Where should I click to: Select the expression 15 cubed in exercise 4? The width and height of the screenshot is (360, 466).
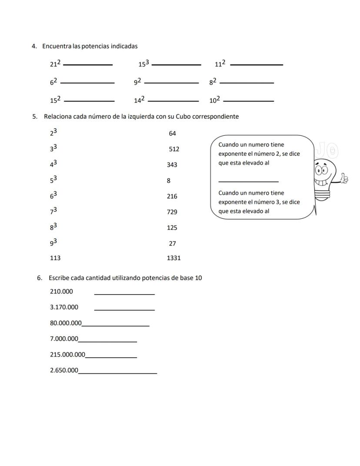click(144, 64)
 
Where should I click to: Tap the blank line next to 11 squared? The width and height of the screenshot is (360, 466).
click(256, 65)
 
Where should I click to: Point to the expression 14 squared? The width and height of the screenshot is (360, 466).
click(139, 100)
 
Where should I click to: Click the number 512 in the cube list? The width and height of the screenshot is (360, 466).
click(174, 149)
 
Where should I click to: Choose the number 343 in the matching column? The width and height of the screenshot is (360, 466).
click(172, 165)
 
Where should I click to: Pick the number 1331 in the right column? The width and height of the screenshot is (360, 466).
click(173, 258)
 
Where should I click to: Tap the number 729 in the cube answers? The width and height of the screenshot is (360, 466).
click(172, 212)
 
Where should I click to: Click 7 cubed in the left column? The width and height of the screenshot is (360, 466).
click(53, 211)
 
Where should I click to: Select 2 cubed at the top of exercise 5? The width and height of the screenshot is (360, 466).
click(53, 132)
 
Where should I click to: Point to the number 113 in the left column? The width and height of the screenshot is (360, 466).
click(55, 258)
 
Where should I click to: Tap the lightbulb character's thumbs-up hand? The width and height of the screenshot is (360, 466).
click(344, 178)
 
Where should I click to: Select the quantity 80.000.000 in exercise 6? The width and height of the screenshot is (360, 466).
click(66, 323)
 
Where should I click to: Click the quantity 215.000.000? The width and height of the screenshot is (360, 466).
click(67, 355)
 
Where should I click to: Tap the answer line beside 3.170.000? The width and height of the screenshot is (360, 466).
click(124, 310)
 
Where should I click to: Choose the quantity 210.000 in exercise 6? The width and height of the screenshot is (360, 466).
click(61, 292)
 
